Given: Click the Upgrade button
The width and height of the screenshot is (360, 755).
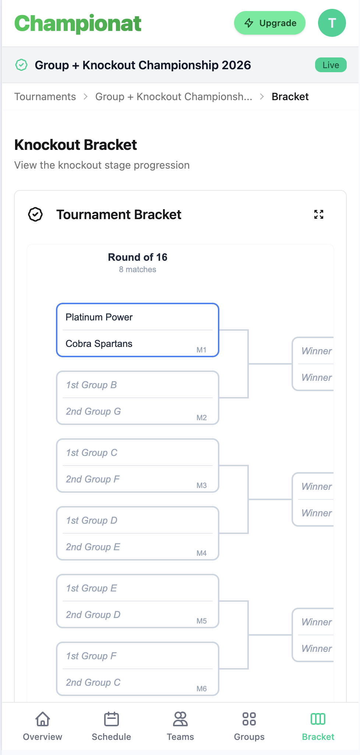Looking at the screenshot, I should tap(270, 23).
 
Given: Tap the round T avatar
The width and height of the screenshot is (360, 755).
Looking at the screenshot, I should tap(332, 23).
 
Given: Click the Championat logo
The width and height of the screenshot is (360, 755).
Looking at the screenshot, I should tap(78, 24).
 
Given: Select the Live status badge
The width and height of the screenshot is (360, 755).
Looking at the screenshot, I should tap(331, 65).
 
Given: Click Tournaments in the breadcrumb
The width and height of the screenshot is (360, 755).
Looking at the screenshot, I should tap(45, 96).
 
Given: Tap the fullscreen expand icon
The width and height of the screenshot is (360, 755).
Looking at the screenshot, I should tap(319, 214).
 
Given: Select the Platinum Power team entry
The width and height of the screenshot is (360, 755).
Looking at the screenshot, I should tap(99, 317).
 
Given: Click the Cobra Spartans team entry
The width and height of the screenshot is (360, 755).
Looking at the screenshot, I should tap(99, 344).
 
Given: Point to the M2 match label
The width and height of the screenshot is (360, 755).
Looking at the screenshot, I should tap(202, 418).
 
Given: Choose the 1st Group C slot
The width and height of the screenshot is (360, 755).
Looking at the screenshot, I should tap(92, 453).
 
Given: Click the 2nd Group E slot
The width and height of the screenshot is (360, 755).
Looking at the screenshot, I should tap(93, 547).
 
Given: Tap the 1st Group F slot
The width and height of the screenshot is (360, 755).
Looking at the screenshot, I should tap(91, 656).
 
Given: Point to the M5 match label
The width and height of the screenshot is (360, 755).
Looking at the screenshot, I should tap(202, 621).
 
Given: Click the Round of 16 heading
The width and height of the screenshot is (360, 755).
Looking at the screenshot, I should tap(138, 257).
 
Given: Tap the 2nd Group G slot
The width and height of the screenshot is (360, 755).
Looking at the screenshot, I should tap(93, 411).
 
